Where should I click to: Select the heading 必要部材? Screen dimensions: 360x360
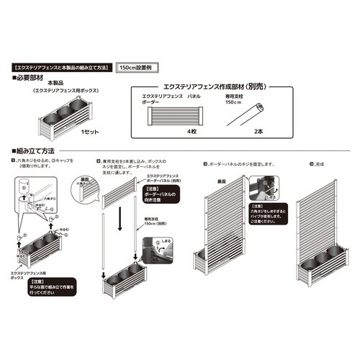coord(32,76)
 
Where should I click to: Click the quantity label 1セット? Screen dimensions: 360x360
coord(89,132)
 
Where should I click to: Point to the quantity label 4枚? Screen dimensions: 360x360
coord(192,132)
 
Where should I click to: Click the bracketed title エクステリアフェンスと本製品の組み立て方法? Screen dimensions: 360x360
coord(63,66)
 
